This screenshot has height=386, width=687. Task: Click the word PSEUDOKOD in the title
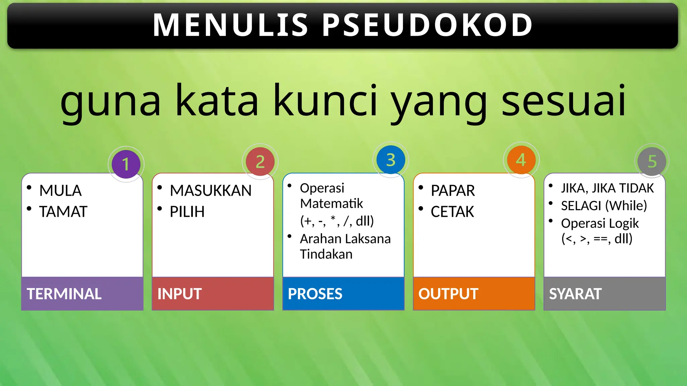[427, 25]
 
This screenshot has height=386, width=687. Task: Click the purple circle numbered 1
[126, 164]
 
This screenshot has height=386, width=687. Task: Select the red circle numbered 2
[260, 162]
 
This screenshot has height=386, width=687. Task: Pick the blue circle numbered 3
[390, 160]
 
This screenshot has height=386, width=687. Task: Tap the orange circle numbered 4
[521, 160]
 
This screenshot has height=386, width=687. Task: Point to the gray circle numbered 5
[652, 162]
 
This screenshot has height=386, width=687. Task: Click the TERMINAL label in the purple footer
[64, 294]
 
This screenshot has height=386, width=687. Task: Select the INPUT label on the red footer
[179, 294]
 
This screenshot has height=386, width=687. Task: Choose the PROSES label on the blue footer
[315, 294]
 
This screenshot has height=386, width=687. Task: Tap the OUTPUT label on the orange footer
[448, 294]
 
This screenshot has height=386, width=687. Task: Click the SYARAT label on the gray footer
[575, 294]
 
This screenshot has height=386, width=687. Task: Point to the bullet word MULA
[60, 191]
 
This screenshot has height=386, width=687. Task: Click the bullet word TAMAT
[63, 212]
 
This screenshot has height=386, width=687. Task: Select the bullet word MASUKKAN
[211, 191]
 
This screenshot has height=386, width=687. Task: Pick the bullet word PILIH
[187, 212]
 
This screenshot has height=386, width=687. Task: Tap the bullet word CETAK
[452, 212]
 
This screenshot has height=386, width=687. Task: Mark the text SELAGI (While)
[604, 206]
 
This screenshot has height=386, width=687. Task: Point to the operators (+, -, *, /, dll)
[337, 221]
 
